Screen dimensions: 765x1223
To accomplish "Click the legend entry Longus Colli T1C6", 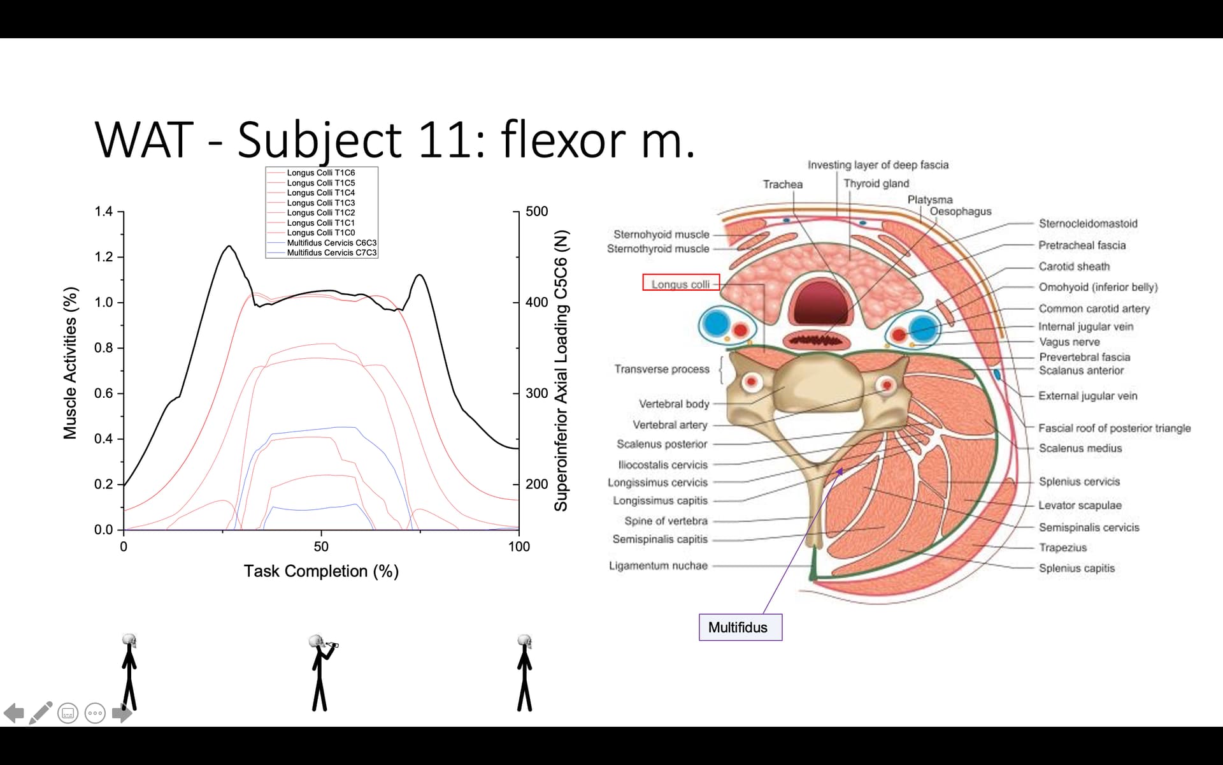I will [320, 173].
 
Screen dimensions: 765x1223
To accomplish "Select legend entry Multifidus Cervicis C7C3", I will [331, 253].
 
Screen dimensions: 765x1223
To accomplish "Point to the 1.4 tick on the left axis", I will [104, 212].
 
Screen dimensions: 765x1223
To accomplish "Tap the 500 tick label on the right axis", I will [536, 212].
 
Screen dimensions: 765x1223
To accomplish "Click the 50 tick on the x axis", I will [321, 546].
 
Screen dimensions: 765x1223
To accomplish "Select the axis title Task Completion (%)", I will [321, 571].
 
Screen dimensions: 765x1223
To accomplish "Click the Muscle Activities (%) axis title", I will [70, 363].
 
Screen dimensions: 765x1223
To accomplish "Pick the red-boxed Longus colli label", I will [680, 284].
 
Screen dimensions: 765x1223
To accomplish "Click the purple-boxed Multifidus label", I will [740, 627].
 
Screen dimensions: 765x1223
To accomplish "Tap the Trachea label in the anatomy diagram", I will [782, 184].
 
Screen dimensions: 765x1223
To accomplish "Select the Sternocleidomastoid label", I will [1087, 224].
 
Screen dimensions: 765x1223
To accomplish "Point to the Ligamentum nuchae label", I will [658, 565].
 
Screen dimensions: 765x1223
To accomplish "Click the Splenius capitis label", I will [1076, 568].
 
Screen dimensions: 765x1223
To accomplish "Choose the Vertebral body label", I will [673, 404].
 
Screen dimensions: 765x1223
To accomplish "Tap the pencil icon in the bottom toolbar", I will [41, 713].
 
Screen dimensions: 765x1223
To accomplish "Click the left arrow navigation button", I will [14, 713].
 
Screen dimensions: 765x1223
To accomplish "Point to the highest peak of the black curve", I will [229, 246].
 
